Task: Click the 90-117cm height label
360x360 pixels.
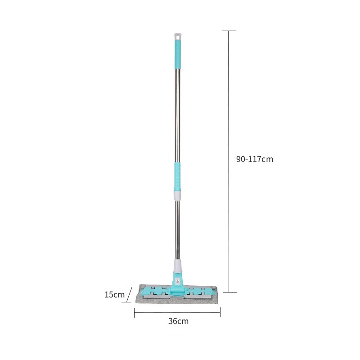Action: [x=255, y=159]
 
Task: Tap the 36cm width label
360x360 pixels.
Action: [x=178, y=321]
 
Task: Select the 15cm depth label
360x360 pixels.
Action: [x=114, y=295]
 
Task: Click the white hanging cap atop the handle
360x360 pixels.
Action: [x=178, y=36]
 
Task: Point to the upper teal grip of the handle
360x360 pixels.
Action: [x=178, y=54]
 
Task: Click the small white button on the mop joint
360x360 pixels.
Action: [x=177, y=281]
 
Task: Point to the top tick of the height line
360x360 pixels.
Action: [x=229, y=31]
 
